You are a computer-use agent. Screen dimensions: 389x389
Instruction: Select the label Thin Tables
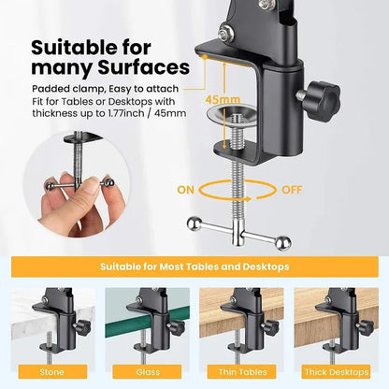coord(241,372)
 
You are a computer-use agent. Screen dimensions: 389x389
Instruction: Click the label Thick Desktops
coord(335,372)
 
